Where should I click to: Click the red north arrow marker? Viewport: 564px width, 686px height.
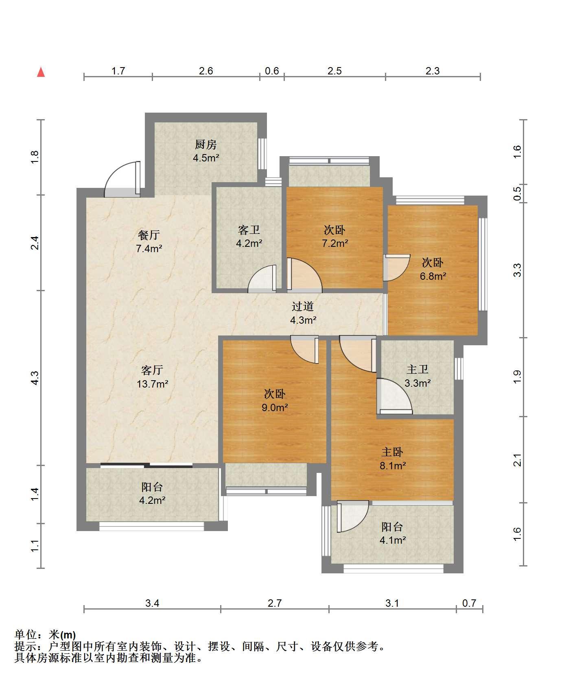[41, 72]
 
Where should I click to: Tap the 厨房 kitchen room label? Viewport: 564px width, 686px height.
[205, 144]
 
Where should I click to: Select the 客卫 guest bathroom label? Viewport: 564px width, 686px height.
[249, 230]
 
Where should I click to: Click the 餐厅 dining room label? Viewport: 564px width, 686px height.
[149, 235]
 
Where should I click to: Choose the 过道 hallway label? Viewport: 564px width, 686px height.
[303, 307]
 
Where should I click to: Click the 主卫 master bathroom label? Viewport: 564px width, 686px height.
[418, 370]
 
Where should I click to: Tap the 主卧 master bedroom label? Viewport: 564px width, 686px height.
[392, 452]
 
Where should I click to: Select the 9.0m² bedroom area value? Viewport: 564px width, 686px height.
[275, 407]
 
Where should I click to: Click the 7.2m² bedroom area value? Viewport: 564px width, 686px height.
[335, 244]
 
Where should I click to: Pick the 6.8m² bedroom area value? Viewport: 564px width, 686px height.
[433, 276]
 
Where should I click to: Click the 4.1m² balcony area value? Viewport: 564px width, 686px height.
[393, 540]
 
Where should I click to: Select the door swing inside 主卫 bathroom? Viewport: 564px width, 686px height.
[394, 396]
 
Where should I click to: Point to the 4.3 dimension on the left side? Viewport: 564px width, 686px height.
[35, 378]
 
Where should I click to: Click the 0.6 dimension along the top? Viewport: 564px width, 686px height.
[272, 71]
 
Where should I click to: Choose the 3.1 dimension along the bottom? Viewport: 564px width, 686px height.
[392, 603]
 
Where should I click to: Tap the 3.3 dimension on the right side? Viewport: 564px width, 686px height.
[517, 270]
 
